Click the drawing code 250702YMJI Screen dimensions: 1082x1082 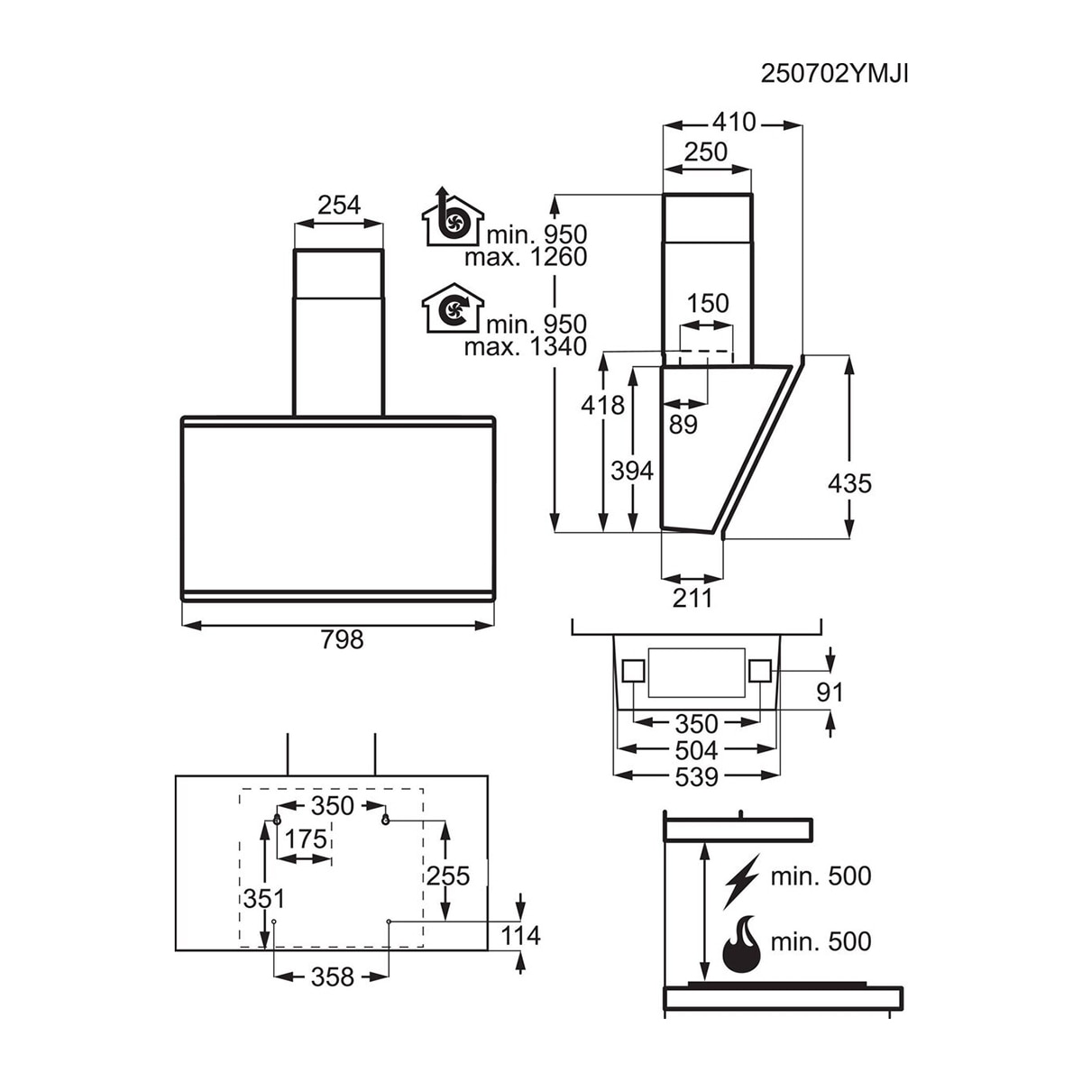click(x=834, y=74)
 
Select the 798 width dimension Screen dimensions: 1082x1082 click(x=342, y=639)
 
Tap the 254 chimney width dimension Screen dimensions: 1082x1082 click(x=339, y=205)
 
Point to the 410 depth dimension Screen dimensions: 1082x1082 click(x=734, y=122)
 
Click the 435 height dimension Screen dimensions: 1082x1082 click(x=849, y=483)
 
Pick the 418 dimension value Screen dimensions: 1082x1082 click(x=602, y=405)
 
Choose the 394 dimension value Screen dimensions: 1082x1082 click(x=632, y=471)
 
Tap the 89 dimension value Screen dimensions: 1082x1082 click(x=683, y=425)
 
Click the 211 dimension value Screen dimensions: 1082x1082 click(x=692, y=598)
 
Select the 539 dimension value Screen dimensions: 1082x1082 click(x=696, y=777)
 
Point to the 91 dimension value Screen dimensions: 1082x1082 click(x=830, y=692)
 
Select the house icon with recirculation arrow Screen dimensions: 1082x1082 click(x=453, y=307)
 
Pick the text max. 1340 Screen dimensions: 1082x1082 click(x=525, y=347)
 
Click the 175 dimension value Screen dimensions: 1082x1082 click(x=306, y=839)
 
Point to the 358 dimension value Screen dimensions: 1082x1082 click(x=333, y=977)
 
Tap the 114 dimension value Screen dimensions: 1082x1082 click(x=520, y=935)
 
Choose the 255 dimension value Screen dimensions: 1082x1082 click(x=447, y=876)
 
